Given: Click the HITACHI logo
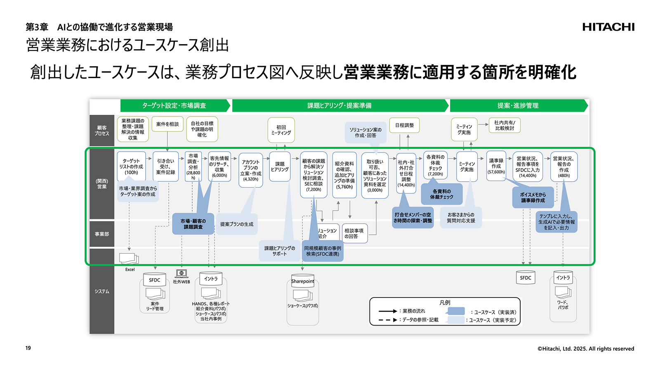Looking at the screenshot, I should [x=608, y=27].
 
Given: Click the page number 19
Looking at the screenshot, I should [x=28, y=348].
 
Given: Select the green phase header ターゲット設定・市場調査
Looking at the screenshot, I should [x=174, y=105].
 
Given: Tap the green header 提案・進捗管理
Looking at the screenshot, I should [x=518, y=105].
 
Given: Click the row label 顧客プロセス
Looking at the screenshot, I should [x=101, y=131].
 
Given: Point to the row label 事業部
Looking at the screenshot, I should [x=101, y=234].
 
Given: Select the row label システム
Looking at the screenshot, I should [x=101, y=291].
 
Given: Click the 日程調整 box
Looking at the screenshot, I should [x=404, y=125].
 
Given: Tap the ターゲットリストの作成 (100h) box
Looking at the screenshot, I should [x=131, y=166].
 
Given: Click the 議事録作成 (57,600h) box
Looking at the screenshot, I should [x=496, y=166].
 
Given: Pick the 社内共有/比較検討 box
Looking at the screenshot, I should [x=504, y=125].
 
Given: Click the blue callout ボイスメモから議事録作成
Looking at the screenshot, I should [x=533, y=197].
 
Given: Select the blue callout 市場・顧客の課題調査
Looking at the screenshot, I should [x=193, y=224].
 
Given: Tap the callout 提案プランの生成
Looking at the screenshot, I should [x=236, y=224].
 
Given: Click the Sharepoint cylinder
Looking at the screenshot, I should [x=302, y=281].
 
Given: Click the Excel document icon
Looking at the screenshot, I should [x=129, y=259].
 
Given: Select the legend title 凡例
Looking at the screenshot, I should [x=445, y=302].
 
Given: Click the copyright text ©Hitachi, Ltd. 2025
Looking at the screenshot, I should [x=585, y=349].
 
